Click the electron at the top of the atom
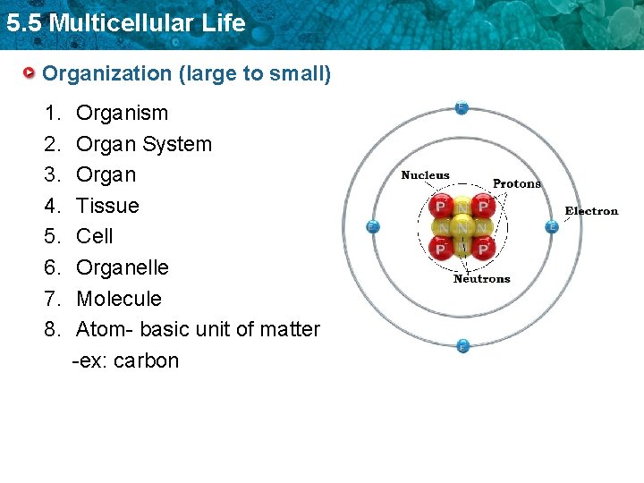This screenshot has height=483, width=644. (x=462, y=107)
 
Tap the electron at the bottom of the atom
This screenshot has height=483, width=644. (x=462, y=345)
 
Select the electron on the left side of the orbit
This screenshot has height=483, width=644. (x=373, y=226)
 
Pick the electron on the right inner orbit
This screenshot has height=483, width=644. (x=552, y=226)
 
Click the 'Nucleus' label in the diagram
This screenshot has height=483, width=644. (x=425, y=175)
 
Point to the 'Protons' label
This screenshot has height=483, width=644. (x=517, y=183)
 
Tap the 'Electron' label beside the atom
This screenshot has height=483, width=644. (x=591, y=211)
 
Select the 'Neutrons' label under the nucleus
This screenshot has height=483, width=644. (x=481, y=279)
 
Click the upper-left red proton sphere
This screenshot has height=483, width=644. (x=440, y=208)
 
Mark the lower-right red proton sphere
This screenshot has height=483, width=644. (x=484, y=248)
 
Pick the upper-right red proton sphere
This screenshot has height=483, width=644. (x=484, y=208)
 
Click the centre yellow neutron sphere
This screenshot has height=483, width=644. (x=462, y=227)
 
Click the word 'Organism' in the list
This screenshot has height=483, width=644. (x=122, y=113)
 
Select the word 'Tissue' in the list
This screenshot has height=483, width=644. (x=107, y=206)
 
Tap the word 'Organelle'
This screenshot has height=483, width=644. (x=122, y=267)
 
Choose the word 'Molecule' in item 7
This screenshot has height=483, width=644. (x=119, y=299)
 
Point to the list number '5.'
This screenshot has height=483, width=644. (x=52, y=236)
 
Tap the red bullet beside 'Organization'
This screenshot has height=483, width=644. (x=30, y=72)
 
